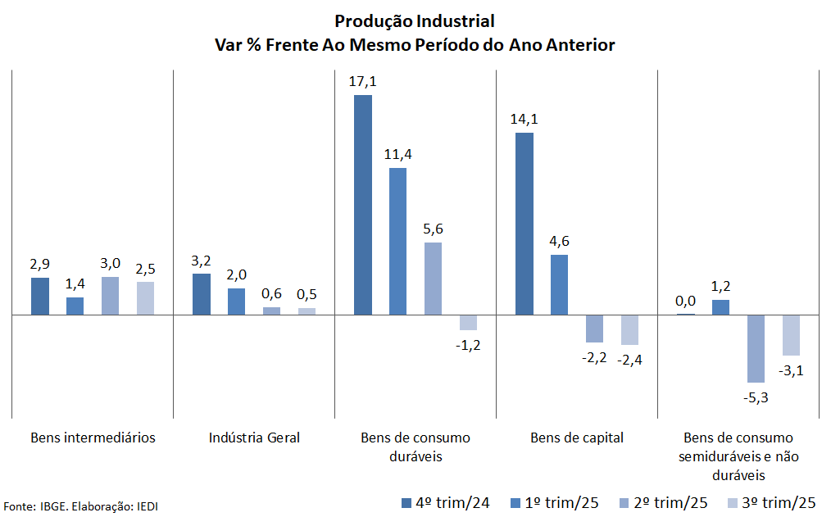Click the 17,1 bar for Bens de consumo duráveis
coord(362,205)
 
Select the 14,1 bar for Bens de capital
coord(524,224)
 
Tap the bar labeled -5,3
coord(755,348)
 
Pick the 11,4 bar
coord(397,241)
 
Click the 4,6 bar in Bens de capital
coord(559,284)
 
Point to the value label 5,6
coord(433,229)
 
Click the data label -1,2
coord(468,344)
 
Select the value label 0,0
coord(685,301)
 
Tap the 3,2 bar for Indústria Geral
coord(201,294)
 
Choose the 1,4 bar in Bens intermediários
coord(75,306)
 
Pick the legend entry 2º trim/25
coord(664,502)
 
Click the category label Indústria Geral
coord(254,438)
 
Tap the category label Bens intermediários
coord(93,438)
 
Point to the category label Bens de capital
coord(577,438)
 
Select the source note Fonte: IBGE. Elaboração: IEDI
coord(81,506)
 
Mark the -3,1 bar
coord(790,335)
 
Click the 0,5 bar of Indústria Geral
coord(307,311)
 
